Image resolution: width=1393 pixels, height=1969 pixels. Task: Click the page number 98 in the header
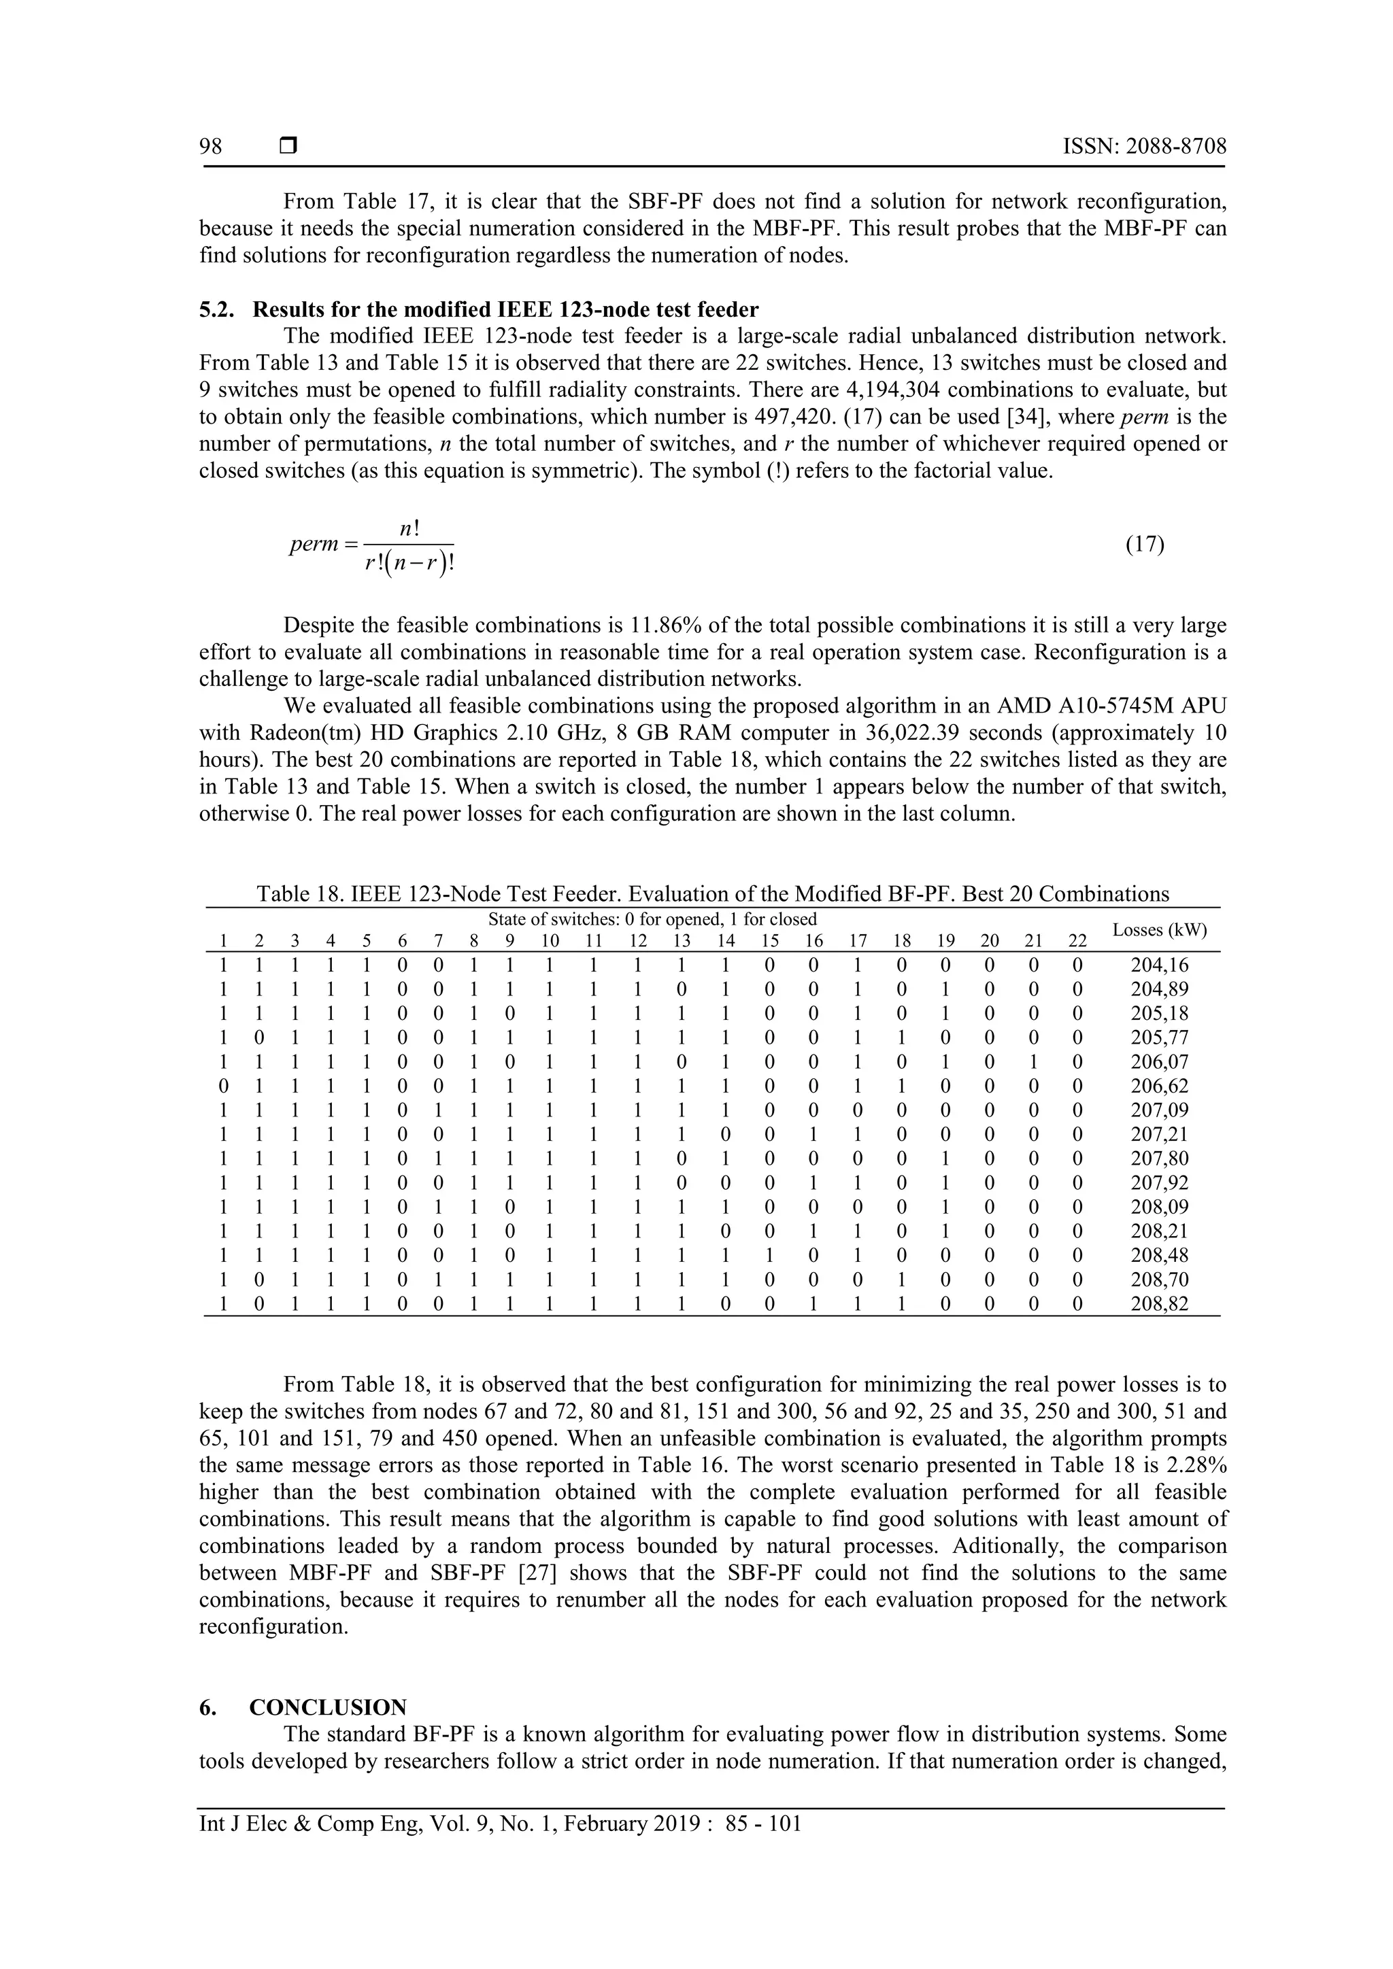pos(211,147)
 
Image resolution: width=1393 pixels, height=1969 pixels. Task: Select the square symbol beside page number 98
pos(287,147)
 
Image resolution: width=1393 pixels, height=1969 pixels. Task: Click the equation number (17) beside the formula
pos(1144,545)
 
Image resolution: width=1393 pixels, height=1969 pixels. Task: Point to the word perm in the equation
pos(314,545)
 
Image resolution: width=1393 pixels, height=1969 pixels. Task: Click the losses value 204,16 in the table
pos(1160,965)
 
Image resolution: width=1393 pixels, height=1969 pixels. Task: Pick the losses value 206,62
pos(1160,1086)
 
